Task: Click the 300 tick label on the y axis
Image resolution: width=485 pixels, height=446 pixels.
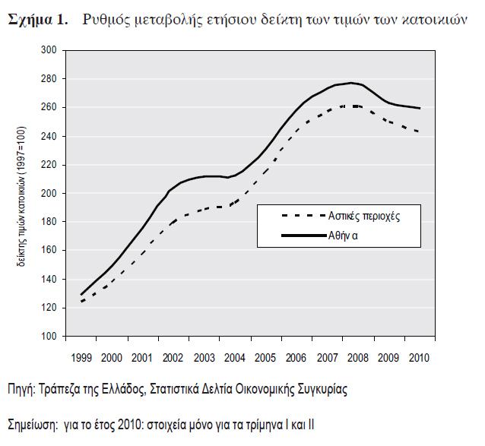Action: coord(49,50)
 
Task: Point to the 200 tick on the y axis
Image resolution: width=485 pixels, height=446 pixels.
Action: coord(49,193)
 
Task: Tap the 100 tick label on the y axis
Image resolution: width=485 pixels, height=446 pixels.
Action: coord(49,336)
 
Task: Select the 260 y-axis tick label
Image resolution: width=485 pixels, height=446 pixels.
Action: coord(49,107)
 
